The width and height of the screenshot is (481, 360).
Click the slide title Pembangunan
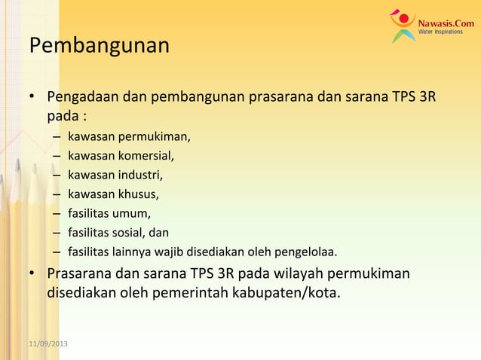click(99, 47)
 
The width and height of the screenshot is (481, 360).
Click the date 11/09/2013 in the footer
click(47, 344)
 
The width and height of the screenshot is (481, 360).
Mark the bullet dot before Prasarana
click(32, 272)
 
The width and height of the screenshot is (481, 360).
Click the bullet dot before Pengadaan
click(32, 99)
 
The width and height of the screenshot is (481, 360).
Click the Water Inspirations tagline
click(442, 33)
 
